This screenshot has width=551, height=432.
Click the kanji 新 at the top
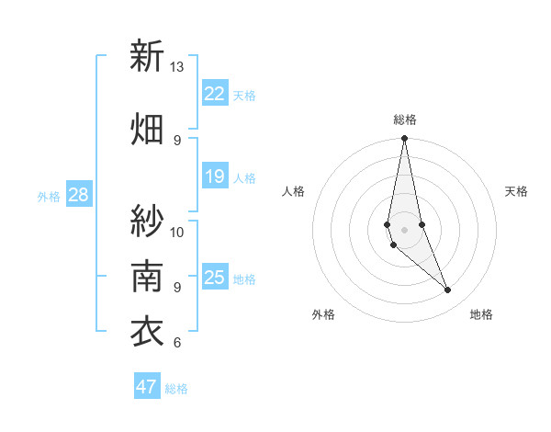pos(147,56)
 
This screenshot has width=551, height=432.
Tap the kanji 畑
pos(147,129)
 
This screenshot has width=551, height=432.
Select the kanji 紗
pos(147,220)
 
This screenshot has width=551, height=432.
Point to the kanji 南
pos(147,275)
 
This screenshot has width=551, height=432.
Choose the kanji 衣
pos(147,332)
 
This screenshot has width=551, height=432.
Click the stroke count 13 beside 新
pos(177,67)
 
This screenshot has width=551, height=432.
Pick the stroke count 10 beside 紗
pos(177,232)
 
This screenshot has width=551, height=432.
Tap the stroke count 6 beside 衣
pos(176,343)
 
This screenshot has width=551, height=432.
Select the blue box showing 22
pos(215,93)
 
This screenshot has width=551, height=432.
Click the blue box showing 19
pos(215,176)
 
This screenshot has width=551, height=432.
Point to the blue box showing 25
pos(215,278)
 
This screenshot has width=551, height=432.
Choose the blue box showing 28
pos(78,195)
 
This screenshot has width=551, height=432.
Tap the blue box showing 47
pos(147,387)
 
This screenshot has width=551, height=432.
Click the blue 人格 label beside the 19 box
pos(244,178)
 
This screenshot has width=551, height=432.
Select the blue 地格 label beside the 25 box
pos(244,279)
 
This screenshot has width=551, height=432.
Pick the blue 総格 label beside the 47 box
pos(176,389)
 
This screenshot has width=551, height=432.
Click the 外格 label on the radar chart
pos(323,314)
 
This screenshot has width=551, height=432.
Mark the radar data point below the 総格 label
pos(404,139)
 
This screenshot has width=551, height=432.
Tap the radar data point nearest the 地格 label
pos(448,290)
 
